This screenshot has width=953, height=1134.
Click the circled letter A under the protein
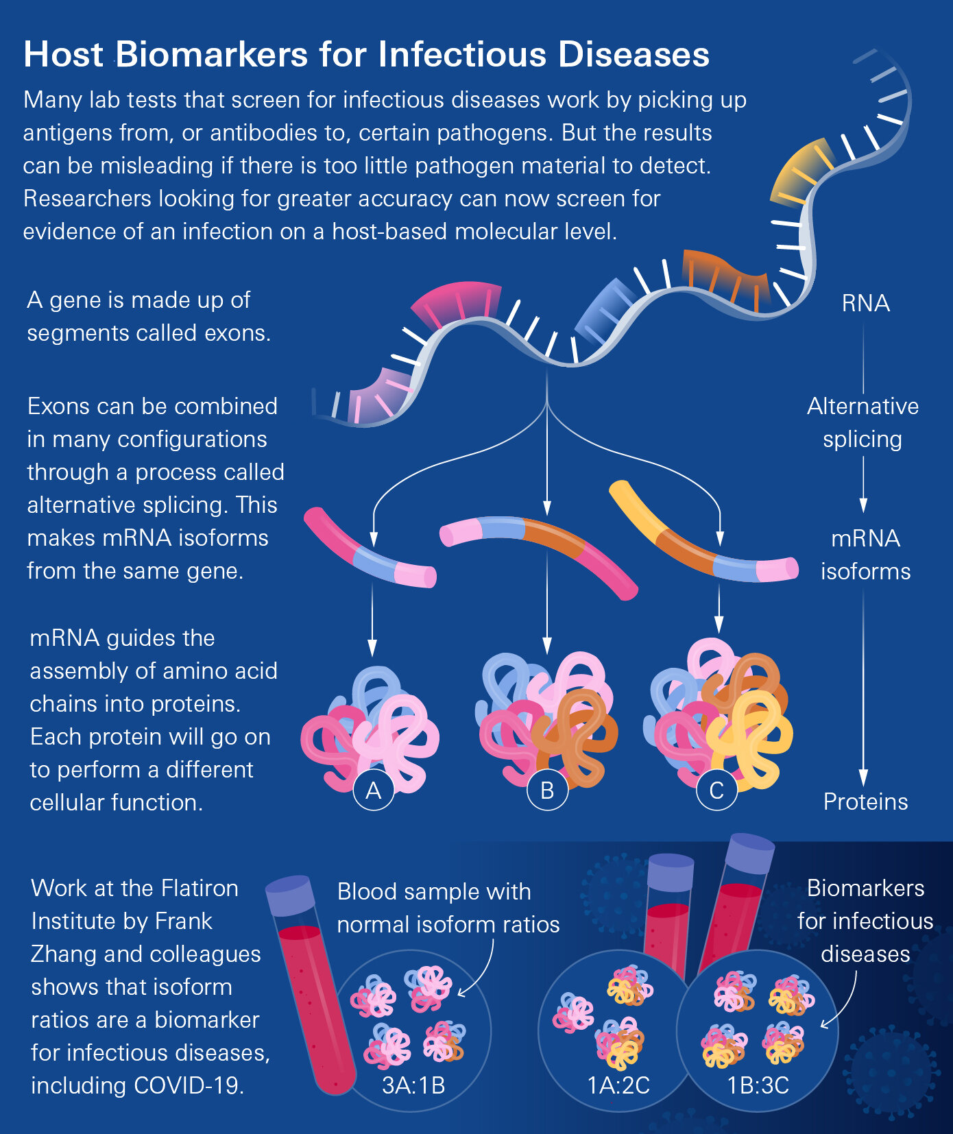(x=373, y=791)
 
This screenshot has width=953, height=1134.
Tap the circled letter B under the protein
(x=547, y=791)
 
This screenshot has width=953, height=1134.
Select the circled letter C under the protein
(x=716, y=791)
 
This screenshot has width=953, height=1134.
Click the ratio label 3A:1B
(x=413, y=1085)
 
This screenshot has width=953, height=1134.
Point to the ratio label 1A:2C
(x=618, y=1085)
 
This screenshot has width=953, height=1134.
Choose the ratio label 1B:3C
(x=758, y=1085)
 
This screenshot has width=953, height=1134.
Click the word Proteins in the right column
(x=865, y=801)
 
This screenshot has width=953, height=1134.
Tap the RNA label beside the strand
(x=865, y=303)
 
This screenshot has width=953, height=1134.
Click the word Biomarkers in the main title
(x=212, y=55)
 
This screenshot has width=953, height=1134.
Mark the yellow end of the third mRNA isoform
(x=634, y=506)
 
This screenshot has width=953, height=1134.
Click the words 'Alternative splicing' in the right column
(x=862, y=422)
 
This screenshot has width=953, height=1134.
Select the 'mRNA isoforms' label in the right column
(x=865, y=555)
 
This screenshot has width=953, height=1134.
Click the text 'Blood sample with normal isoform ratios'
(x=448, y=908)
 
